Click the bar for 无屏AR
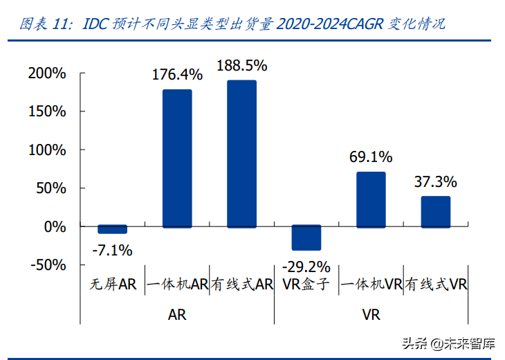(112, 230)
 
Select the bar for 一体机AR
(177, 159)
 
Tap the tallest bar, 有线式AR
(241, 154)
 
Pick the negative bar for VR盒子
(306, 237)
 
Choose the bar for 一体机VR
(371, 199)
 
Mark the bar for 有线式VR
(435, 212)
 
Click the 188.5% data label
(242, 66)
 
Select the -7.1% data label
(112, 250)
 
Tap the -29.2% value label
(306, 266)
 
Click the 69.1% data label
(371, 157)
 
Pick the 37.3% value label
(436, 182)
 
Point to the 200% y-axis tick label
(46, 73)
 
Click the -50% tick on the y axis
(48, 264)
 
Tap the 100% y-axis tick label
(46, 150)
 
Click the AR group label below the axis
(177, 314)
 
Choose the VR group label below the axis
(371, 314)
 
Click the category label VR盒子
(306, 284)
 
